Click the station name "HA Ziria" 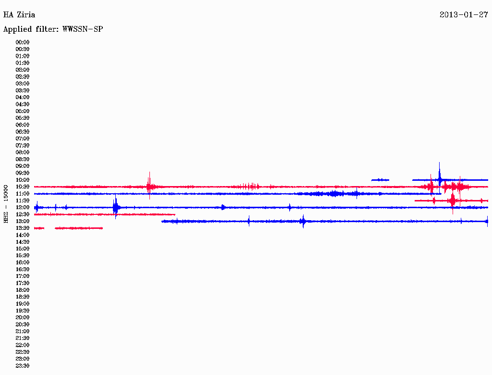click(19, 15)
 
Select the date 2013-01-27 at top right click(464, 15)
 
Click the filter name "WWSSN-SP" click(83, 29)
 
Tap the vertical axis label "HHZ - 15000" click(6, 204)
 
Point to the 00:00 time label click(23, 42)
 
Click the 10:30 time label click(23, 187)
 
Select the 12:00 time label click(23, 208)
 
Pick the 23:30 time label click(23, 366)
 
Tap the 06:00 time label click(23, 125)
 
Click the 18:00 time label click(23, 290)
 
